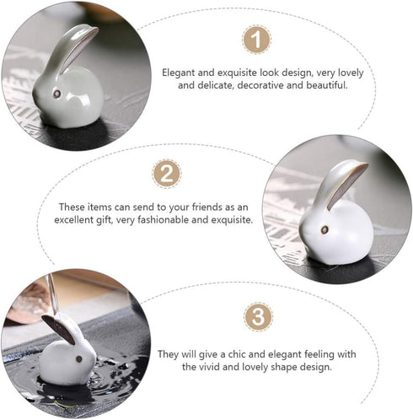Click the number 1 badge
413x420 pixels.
click(256, 40)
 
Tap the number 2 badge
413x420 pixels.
click(167, 174)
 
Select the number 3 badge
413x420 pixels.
click(258, 316)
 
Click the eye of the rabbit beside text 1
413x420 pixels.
click(57, 94)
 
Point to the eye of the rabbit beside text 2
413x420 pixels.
click(324, 229)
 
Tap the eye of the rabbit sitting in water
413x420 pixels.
click(79, 358)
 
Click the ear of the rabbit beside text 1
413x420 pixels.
click(73, 48)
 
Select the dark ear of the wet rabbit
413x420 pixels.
click(58, 329)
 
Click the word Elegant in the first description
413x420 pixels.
click(179, 73)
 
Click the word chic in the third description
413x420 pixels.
click(237, 354)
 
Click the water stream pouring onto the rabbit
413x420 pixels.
click(53, 293)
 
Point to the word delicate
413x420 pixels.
click(216, 85)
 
